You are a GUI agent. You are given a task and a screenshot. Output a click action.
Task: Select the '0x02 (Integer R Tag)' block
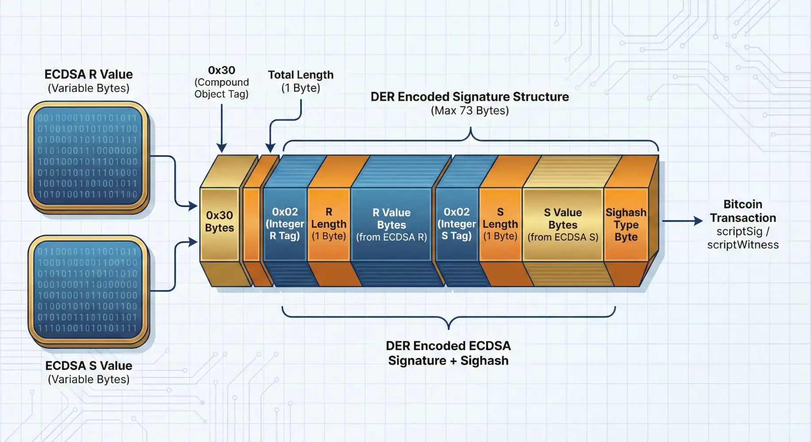tap(285, 224)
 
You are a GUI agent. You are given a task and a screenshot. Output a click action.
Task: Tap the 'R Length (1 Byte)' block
tap(329, 224)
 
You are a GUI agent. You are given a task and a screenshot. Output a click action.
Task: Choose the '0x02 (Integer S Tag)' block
tap(457, 224)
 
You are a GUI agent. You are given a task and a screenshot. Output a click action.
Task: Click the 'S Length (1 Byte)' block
tap(500, 224)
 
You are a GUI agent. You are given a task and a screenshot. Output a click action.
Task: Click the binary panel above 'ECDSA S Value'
tap(88, 290)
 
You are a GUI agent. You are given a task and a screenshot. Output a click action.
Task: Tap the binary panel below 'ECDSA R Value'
tap(88, 156)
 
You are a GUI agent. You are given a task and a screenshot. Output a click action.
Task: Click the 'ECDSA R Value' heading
tap(88, 74)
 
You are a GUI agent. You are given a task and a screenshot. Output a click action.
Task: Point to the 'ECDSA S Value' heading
tap(88, 366)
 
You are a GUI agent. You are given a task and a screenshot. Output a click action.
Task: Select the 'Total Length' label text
tap(300, 75)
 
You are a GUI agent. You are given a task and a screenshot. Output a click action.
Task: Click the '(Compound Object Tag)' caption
tap(222, 88)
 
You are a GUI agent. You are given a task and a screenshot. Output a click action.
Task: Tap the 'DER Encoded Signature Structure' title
tap(469, 97)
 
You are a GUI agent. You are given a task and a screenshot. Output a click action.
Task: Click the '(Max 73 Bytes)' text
tap(469, 110)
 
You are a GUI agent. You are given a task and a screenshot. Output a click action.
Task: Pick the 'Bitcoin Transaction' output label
tap(743, 211)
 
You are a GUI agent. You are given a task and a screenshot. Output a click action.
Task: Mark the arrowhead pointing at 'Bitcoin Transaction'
tap(698, 221)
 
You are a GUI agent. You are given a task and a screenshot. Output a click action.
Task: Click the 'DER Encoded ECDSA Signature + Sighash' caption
tap(448, 353)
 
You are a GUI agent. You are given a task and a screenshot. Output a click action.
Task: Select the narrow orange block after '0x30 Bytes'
tap(251, 224)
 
